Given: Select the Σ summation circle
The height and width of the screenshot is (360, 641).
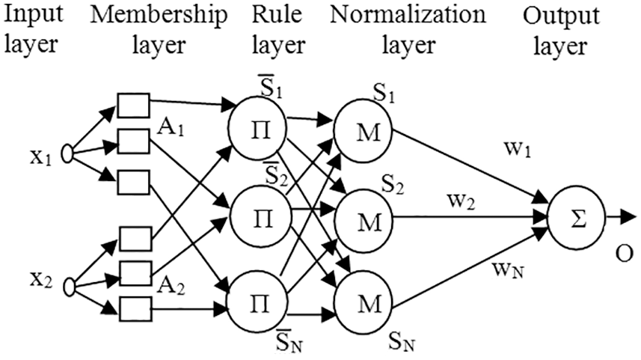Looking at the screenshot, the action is [576, 221].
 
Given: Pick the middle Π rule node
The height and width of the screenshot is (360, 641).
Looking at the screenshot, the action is [260, 218].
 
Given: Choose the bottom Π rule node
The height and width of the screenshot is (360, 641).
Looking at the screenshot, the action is [257, 304].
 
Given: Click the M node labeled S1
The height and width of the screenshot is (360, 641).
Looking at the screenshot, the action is [363, 132].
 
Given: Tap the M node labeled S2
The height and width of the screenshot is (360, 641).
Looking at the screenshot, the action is [364, 221].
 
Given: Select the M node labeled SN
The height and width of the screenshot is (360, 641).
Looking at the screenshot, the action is [364, 304].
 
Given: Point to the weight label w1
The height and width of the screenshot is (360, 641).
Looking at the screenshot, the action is [518, 150].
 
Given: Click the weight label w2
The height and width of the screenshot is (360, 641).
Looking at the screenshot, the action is [461, 201].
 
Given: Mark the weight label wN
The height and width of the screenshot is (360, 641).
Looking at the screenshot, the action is [508, 270].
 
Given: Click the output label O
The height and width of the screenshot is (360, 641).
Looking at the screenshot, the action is [624, 254].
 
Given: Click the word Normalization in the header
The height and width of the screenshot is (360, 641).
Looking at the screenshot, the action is [408, 15].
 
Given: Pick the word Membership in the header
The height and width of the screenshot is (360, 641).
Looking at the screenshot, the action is [159, 16].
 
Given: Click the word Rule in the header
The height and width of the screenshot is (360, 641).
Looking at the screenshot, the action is [277, 15].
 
